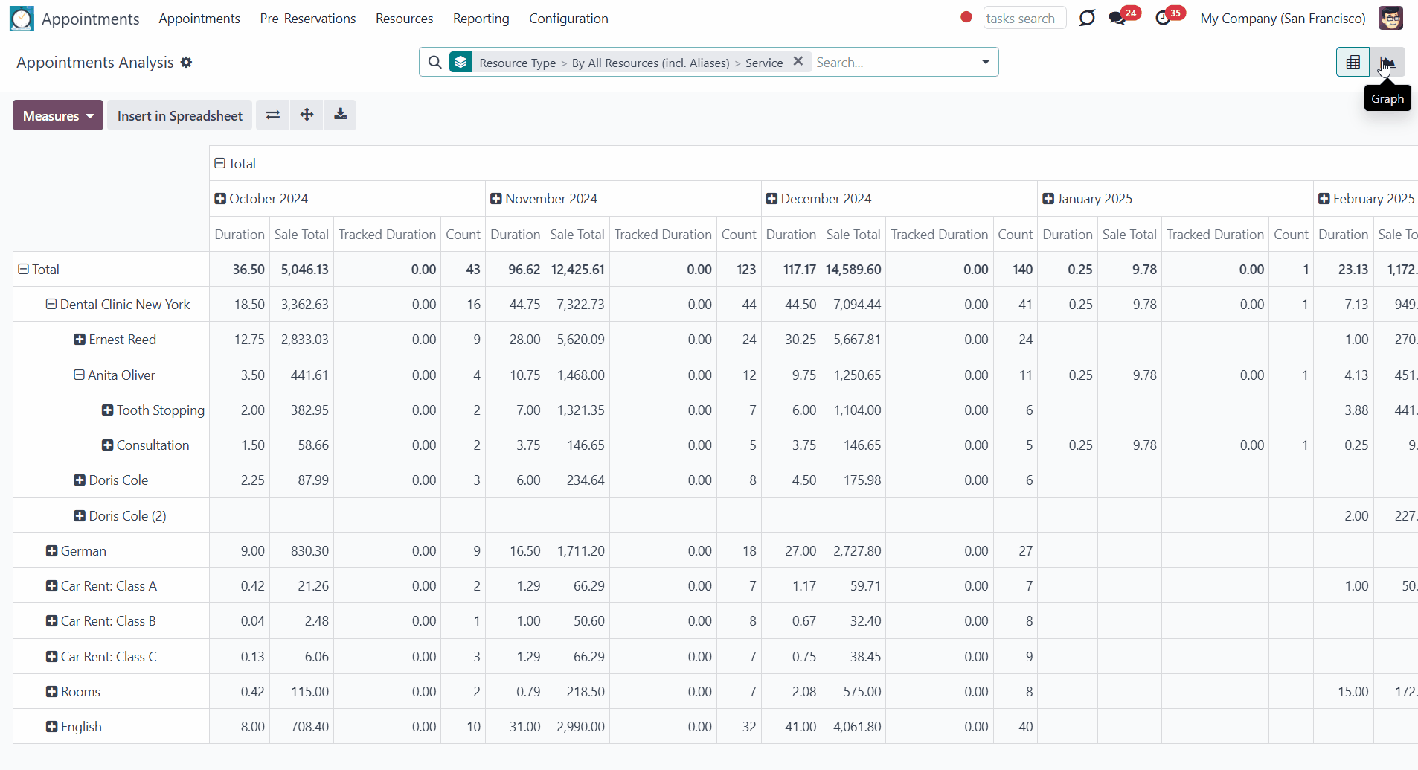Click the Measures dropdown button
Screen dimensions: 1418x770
(x=58, y=115)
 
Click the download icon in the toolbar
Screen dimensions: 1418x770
(x=340, y=115)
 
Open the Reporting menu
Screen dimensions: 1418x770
(x=481, y=19)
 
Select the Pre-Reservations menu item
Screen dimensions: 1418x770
(x=308, y=19)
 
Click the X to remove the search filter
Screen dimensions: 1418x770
(x=798, y=62)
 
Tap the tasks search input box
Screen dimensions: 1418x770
(x=1024, y=18)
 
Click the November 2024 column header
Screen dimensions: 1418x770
(x=551, y=199)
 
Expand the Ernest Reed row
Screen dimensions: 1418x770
(x=80, y=340)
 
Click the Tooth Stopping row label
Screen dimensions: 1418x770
(x=160, y=410)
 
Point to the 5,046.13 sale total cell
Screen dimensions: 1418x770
(x=304, y=270)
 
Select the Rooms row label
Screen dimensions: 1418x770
(x=80, y=692)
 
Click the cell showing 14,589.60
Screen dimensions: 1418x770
(x=853, y=270)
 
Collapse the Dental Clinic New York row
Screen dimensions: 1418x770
(x=51, y=305)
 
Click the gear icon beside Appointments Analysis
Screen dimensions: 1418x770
(x=186, y=63)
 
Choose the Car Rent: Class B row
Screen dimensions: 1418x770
(x=108, y=621)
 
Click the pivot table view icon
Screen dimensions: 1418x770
(x=1353, y=63)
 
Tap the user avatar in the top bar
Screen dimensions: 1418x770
(x=1390, y=18)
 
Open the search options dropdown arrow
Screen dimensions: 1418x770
(x=986, y=62)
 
